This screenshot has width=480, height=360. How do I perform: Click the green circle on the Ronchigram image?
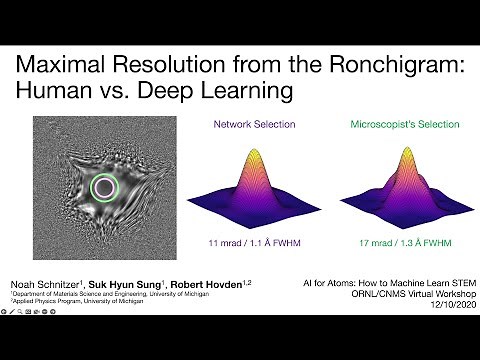[104, 187]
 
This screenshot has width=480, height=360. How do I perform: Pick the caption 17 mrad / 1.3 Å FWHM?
[393, 242]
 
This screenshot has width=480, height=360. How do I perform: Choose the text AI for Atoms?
[325, 284]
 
